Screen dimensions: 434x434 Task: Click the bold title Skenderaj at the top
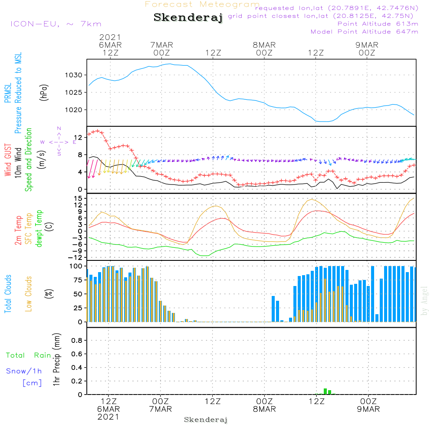coord(188,18)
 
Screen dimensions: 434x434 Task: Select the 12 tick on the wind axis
coord(78,137)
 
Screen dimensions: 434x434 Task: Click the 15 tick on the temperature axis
coord(78,198)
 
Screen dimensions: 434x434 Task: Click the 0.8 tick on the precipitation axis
coord(76,341)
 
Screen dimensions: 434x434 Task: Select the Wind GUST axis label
coord(8,160)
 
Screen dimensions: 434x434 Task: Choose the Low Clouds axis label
coord(29,293)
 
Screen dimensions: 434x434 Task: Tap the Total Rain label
coord(29,355)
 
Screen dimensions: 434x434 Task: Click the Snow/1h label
coord(24,372)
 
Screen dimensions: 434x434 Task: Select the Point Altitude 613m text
coord(378,24)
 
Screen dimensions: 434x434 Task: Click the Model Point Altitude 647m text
coord(365,32)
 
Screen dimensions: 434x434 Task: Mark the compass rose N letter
coord(59,128)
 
